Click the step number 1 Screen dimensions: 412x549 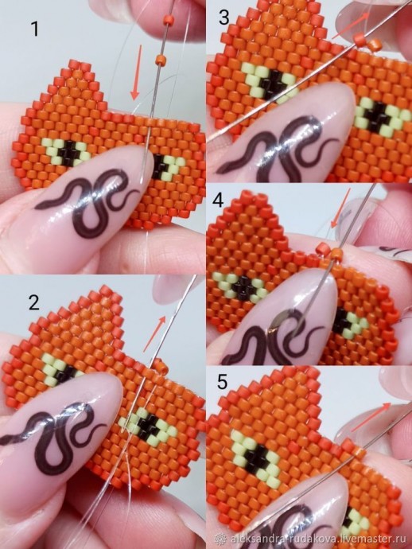(34, 29)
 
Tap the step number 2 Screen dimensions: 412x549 (34, 303)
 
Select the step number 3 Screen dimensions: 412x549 (224, 18)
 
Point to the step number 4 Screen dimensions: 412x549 (218, 201)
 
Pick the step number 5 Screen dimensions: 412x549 (222, 382)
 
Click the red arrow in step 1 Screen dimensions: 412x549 (136, 72)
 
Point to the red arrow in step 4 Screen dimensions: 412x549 (340, 208)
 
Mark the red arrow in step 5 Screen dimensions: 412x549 (371, 417)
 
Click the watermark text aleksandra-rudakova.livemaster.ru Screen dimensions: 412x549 (314, 539)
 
